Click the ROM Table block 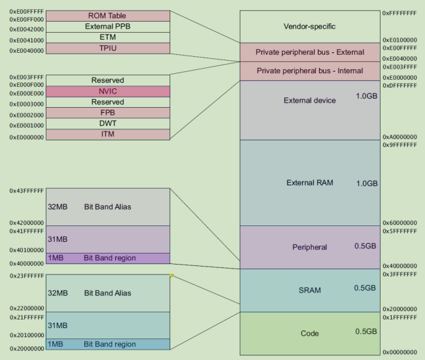coord(108,16)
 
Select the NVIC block coord(108,91)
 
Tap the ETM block coord(108,37)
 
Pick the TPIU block coord(108,48)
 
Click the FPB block coord(108,112)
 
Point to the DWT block coord(108,123)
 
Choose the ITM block coord(108,135)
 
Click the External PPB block coord(108,27)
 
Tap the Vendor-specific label coord(309,26)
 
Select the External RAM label coord(309,182)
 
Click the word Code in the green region coord(309,333)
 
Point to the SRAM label coord(309,290)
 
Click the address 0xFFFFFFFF coord(399,13)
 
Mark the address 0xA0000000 coord(399,137)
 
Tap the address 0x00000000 coord(399,352)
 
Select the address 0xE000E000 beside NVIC coord(27,93)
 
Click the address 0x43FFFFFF coord(27,191)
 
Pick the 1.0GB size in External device coord(366,96)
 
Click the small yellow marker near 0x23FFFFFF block coord(171,276)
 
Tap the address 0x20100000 coord(27,335)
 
